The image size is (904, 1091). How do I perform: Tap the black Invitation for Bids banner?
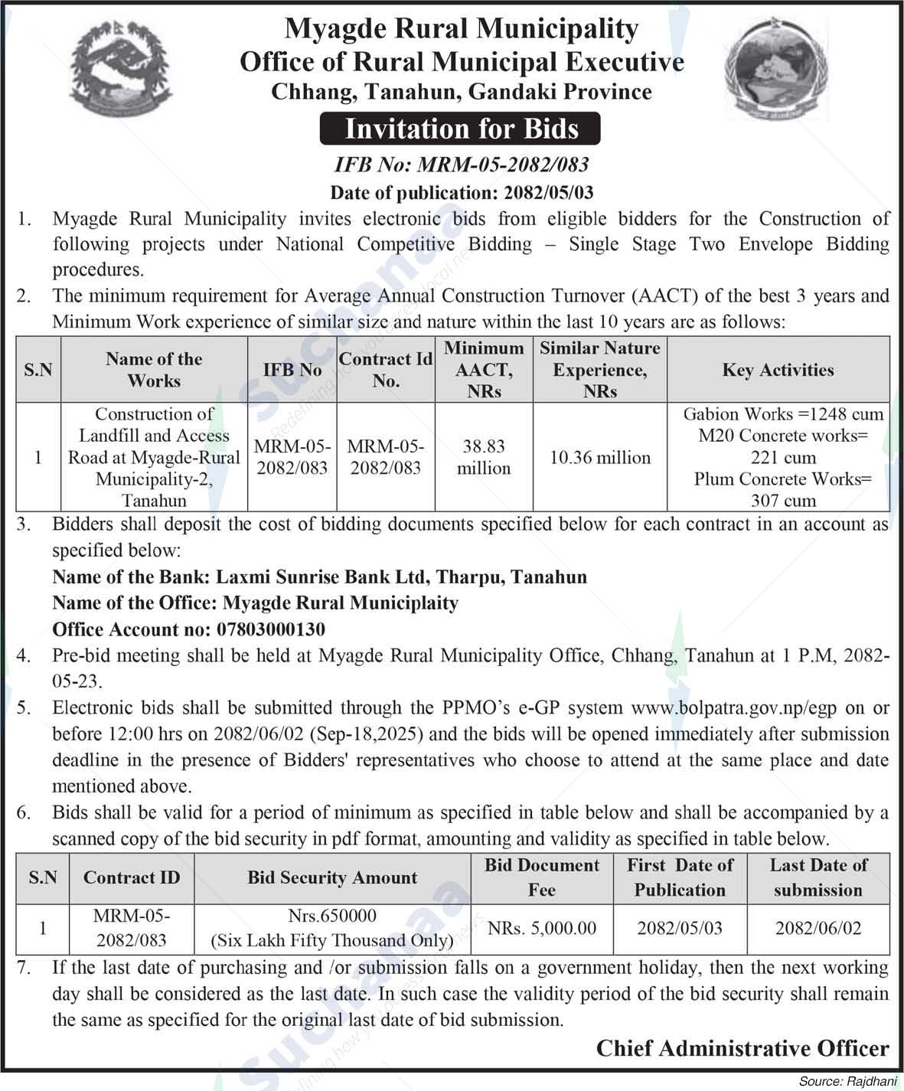coord(461,129)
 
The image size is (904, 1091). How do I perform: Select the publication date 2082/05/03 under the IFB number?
coord(549,191)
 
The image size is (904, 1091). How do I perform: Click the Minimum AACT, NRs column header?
coord(484,370)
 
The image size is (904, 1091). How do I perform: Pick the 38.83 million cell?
coord(484,457)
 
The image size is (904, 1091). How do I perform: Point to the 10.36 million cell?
coord(599,458)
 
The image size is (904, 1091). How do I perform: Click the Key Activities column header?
coord(778,371)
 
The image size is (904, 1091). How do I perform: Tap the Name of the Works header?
coord(154,370)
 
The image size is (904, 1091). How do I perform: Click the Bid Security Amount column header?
coord(332,878)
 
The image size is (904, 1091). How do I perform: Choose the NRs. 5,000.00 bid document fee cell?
coord(541,928)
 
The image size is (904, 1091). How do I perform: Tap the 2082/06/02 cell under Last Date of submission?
coord(818,928)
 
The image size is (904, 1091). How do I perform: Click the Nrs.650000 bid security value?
coord(332,916)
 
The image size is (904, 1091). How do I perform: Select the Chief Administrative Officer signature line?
coord(742,1048)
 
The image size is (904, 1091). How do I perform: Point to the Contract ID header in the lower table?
coord(132,878)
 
